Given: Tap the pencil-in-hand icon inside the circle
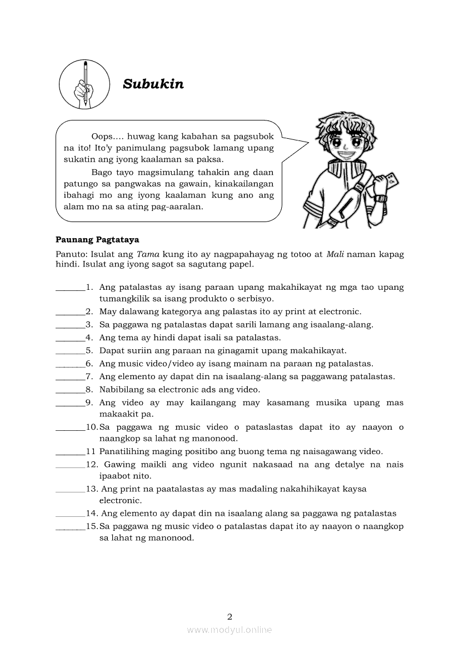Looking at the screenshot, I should click(x=84, y=84).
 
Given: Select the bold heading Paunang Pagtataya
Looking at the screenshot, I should click(x=97, y=240).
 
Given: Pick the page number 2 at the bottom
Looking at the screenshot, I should click(x=229, y=616).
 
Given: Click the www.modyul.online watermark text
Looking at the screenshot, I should click(x=229, y=630).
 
